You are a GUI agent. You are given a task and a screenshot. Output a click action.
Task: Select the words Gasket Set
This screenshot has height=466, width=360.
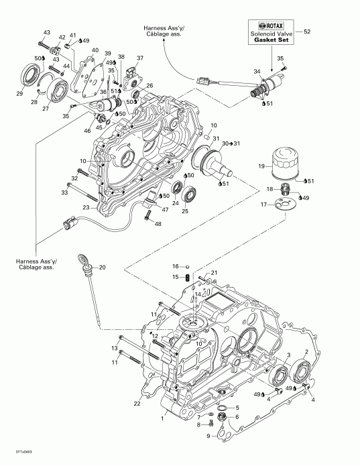tap(268, 40)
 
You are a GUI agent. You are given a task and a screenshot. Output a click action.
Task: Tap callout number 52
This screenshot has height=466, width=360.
tap(308, 32)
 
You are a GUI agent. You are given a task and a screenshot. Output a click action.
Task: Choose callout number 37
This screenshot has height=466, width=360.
tap(139, 58)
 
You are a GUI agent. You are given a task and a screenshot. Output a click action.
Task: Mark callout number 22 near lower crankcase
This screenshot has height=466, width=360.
tap(137, 403)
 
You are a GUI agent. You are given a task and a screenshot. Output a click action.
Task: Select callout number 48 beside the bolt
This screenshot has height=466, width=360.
tap(158, 223)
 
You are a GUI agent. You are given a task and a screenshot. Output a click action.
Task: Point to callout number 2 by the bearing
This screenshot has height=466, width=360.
tap(306, 351)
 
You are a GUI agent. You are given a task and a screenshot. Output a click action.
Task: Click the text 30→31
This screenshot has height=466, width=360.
tap(230, 142)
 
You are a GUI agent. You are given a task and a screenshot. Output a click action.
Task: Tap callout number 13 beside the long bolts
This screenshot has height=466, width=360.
tap(115, 349)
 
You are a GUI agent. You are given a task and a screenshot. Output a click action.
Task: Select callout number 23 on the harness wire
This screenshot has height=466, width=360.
tap(86, 207)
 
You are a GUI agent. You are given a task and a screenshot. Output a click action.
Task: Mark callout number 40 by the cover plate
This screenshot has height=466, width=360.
tap(95, 50)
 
